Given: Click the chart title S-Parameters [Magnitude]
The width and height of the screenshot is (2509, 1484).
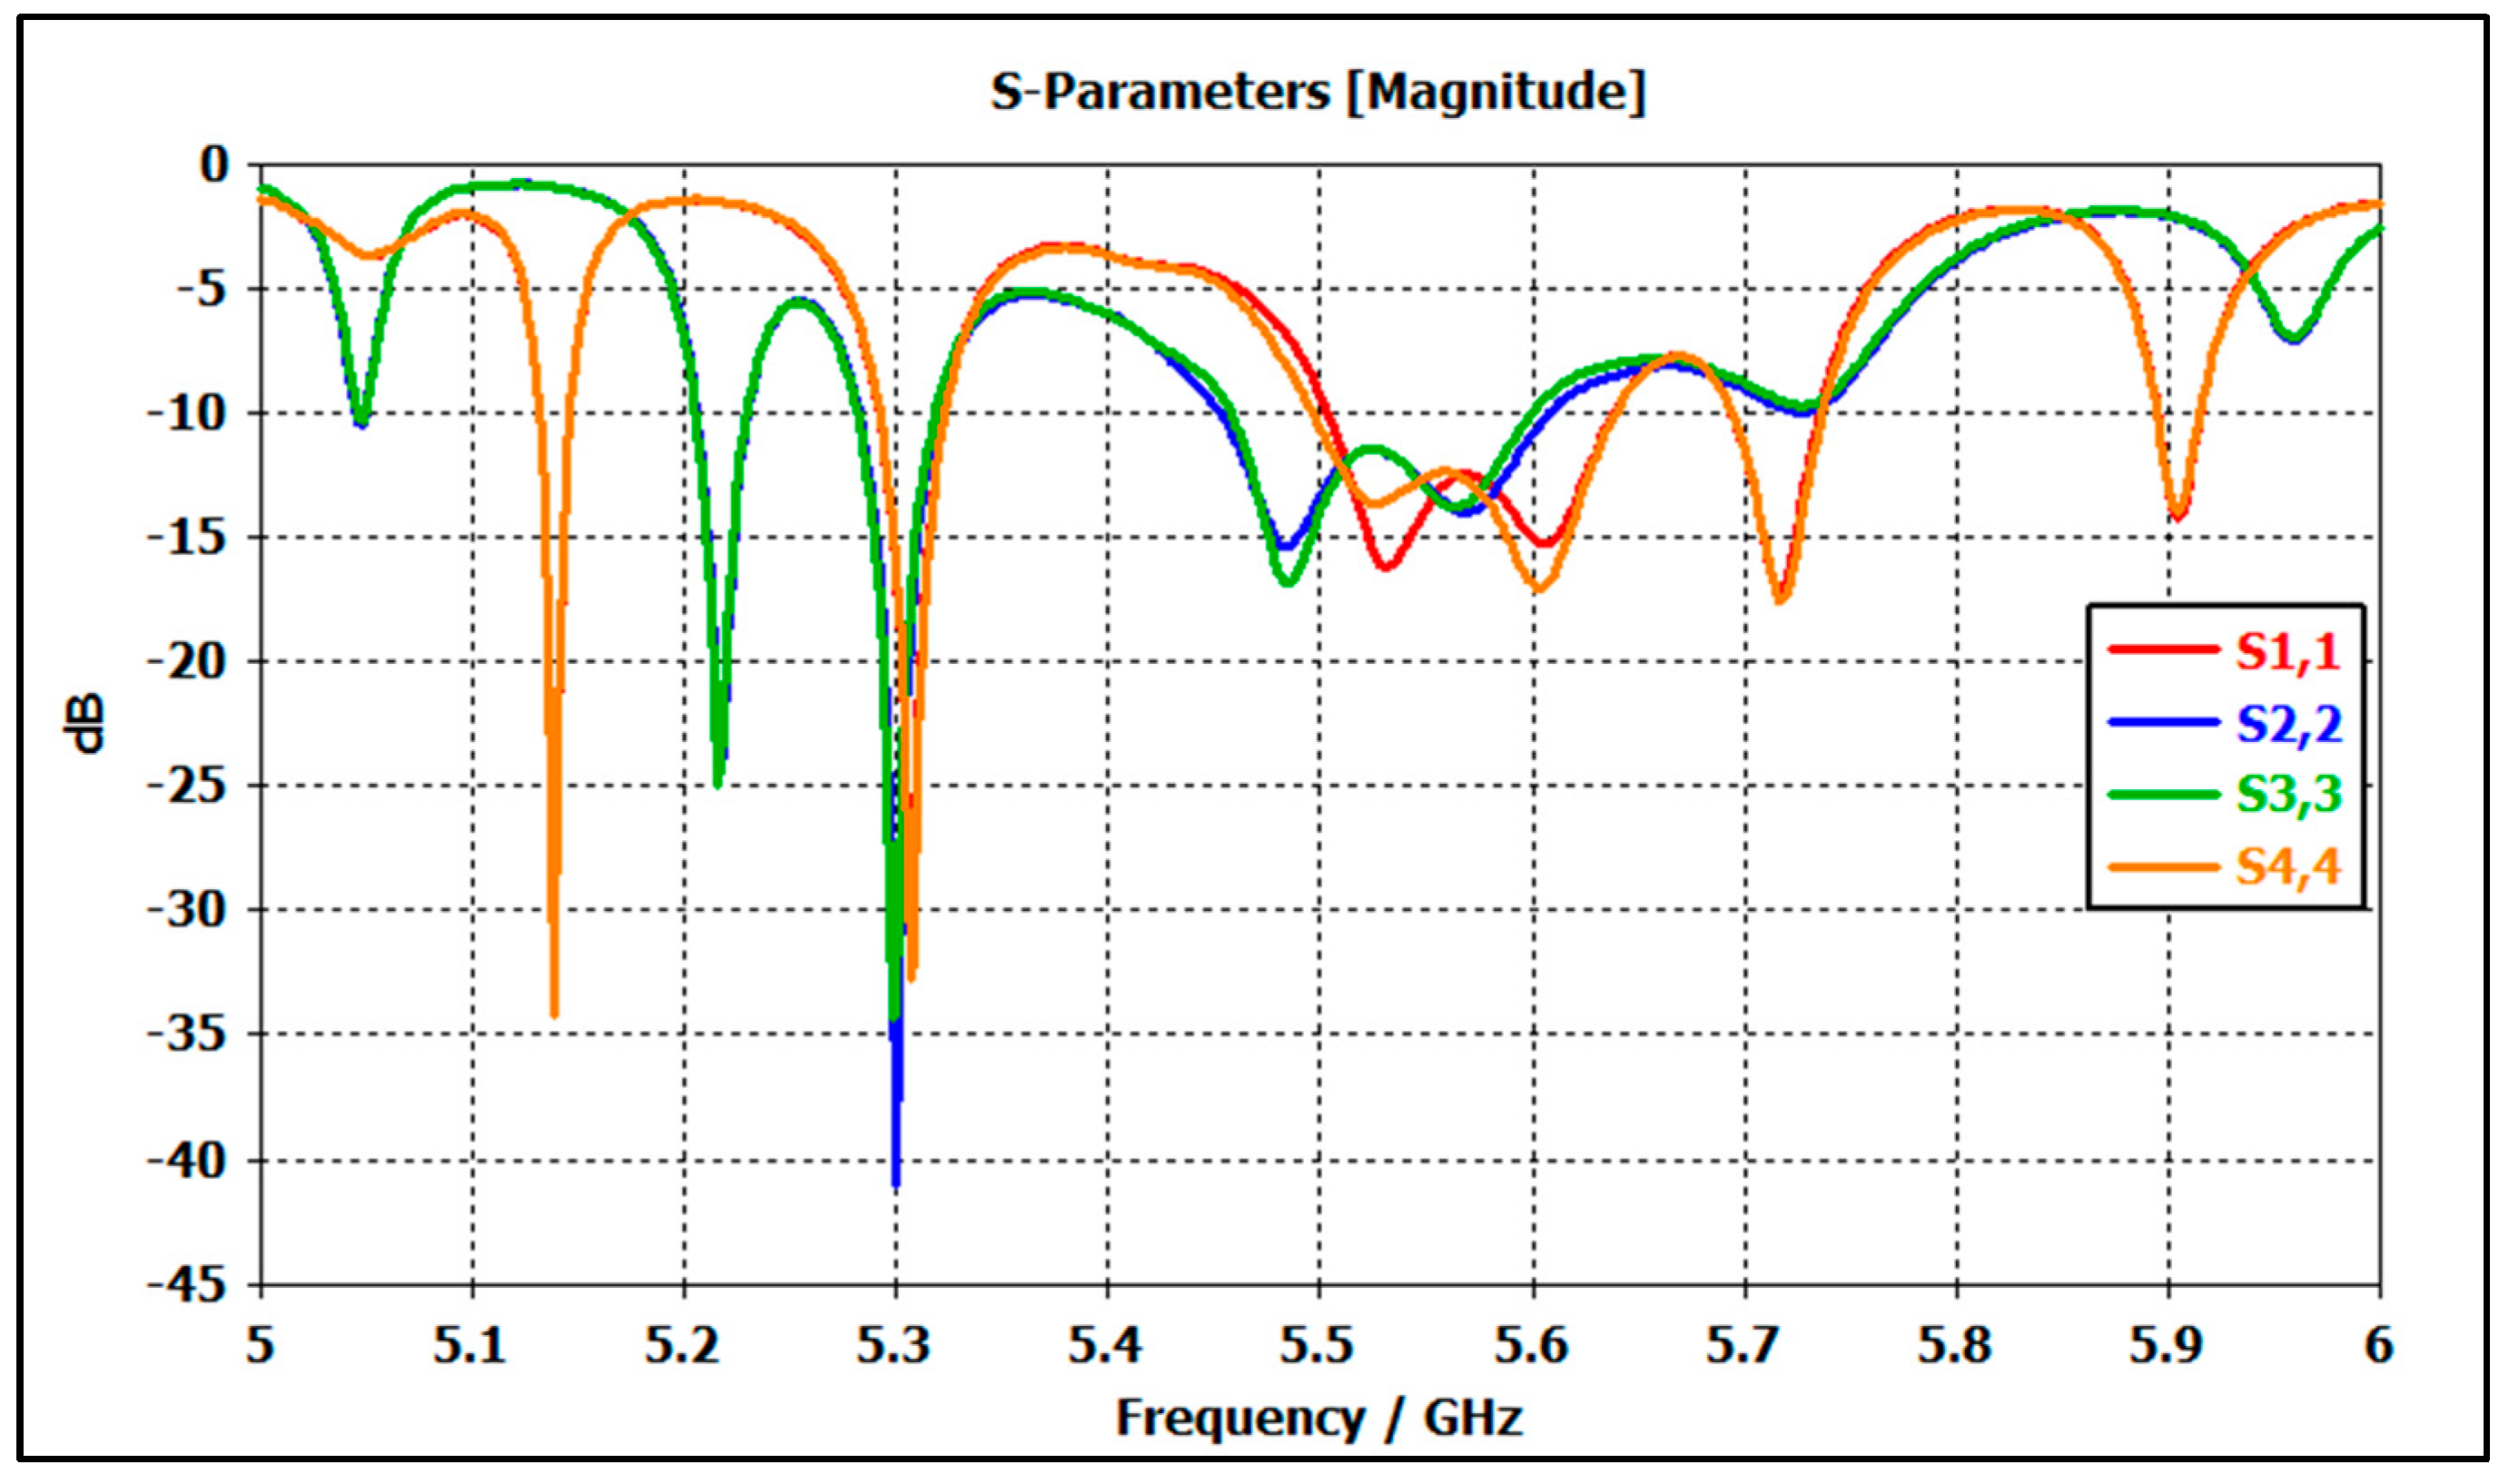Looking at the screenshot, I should [x=1318, y=92].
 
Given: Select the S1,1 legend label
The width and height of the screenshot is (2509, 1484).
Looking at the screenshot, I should [x=2287, y=652].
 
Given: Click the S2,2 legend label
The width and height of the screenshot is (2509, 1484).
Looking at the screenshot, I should [x=2287, y=724].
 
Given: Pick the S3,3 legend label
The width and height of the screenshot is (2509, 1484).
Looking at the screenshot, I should [x=2287, y=795].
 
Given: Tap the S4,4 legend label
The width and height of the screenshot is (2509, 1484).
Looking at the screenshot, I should [x=2287, y=867].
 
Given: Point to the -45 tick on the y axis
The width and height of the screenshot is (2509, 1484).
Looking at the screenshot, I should [x=187, y=1286].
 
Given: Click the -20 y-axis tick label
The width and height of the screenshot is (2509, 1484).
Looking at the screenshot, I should [x=187, y=662].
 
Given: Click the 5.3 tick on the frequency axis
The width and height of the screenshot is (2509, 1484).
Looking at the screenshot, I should [x=894, y=1346].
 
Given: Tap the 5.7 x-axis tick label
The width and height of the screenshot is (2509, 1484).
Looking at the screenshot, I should [x=1743, y=1346].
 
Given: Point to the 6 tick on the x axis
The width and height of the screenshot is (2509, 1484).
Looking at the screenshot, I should [x=2378, y=1346].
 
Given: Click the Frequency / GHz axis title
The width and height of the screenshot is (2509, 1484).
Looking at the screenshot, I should [x=1319, y=1418].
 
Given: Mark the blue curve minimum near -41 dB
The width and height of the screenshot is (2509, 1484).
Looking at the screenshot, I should [x=895, y=1184].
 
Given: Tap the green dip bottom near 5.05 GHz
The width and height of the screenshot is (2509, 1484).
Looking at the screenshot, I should [x=361, y=422].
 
